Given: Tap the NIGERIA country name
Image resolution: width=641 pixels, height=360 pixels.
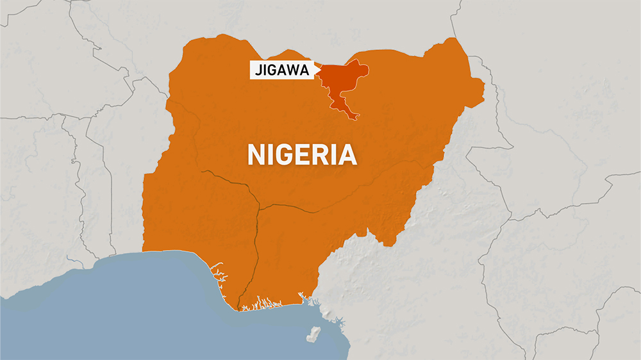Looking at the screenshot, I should pyautogui.click(x=302, y=156).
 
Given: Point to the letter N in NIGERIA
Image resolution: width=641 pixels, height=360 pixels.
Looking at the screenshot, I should pyautogui.click(x=257, y=156).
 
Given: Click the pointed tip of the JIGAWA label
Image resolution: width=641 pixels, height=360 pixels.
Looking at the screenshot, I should pyautogui.click(x=317, y=70).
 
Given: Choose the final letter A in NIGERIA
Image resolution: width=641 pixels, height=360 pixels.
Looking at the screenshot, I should pyautogui.click(x=347, y=156).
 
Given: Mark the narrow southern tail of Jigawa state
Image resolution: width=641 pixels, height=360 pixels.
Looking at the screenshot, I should pyautogui.click(x=349, y=114).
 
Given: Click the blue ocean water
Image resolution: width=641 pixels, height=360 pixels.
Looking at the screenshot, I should pyautogui.click(x=128, y=314).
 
